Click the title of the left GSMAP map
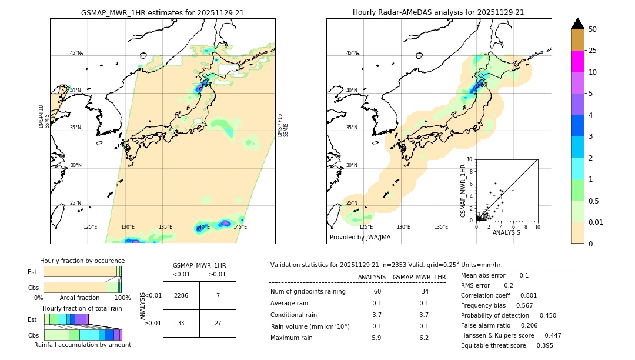(162, 12)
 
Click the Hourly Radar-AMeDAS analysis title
(438, 12)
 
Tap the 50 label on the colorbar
(593, 29)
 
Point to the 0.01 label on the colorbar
(596, 222)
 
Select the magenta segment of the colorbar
(577, 61)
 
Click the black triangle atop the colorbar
(577, 24)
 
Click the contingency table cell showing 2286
(181, 295)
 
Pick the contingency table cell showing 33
(181, 323)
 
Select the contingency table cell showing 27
(218, 323)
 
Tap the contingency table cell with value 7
(218, 295)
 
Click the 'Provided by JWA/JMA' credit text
(360, 238)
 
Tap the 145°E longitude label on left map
(239, 227)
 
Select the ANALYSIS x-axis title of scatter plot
(506, 233)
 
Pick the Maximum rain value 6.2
(423, 338)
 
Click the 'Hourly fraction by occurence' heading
(82, 261)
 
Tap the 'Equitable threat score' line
(507, 345)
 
